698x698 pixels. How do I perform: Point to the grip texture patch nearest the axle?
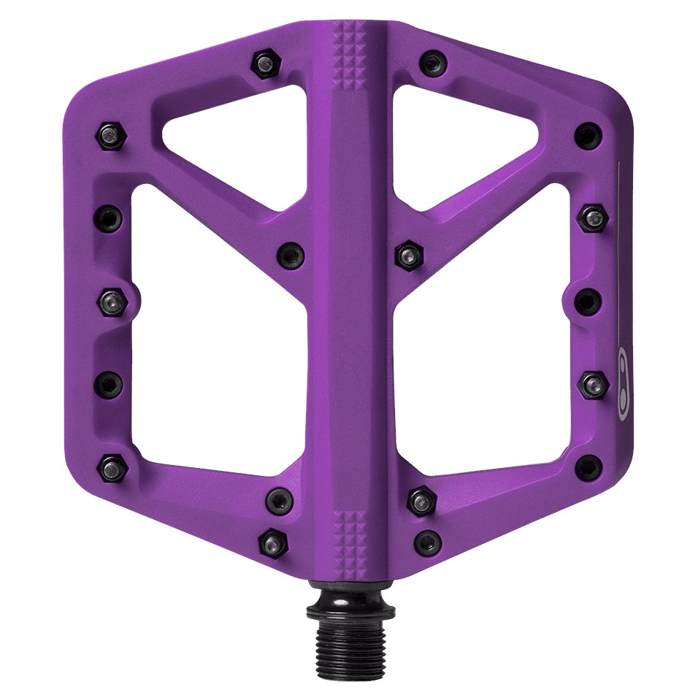tap(349, 536)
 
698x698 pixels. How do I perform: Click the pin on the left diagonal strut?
tap(290, 255)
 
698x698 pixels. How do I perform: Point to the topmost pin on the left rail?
tap(111, 136)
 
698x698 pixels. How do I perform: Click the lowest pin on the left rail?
tap(112, 467)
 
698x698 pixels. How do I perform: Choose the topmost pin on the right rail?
tap(588, 135)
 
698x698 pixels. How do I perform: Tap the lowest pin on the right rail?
tap(588, 467)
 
